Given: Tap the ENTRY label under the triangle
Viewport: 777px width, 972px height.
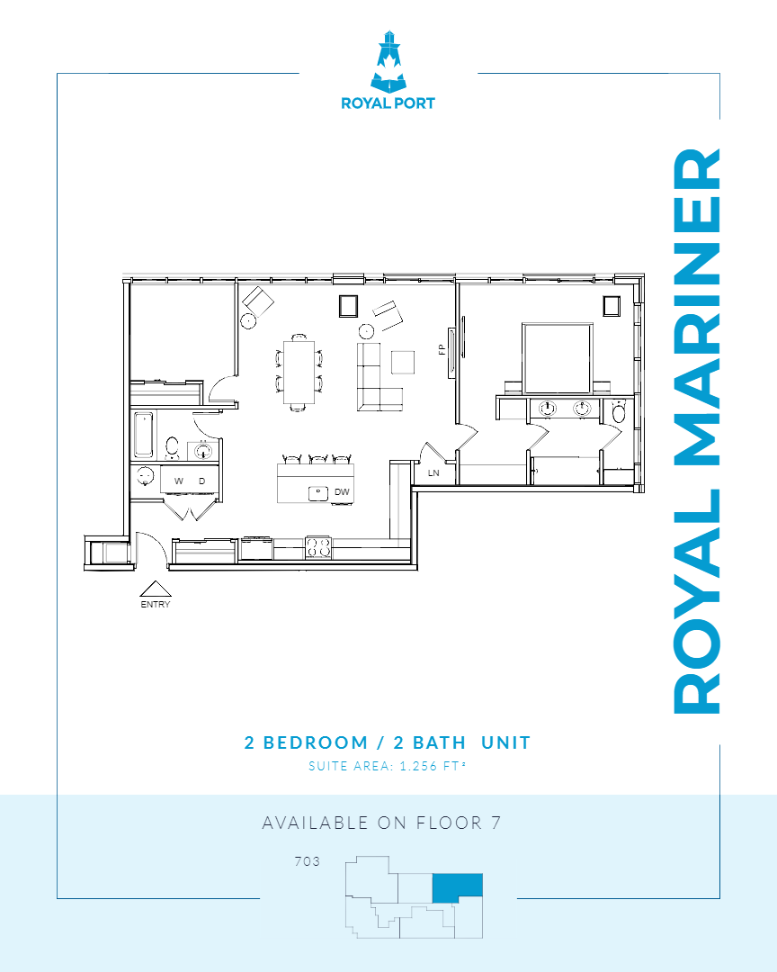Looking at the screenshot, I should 155,605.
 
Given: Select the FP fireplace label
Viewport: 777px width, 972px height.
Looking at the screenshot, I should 442,349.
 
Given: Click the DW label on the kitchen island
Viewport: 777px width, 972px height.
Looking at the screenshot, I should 342,492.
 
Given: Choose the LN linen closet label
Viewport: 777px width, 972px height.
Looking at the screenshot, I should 433,472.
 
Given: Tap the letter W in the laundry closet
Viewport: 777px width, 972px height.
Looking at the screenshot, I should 179,481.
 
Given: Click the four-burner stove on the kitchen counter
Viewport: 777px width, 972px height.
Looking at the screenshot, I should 319,546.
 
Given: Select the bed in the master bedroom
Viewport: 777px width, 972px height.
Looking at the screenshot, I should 558,355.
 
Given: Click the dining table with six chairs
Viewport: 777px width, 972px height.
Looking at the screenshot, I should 299,371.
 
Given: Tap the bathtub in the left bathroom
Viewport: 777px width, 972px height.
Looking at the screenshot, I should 144,435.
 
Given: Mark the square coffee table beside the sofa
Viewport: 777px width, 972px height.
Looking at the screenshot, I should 403,361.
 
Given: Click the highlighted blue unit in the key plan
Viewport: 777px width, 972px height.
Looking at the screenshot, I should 457,886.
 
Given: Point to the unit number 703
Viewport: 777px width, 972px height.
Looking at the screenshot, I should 307,861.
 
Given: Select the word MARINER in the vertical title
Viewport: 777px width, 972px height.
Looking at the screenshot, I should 698,306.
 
